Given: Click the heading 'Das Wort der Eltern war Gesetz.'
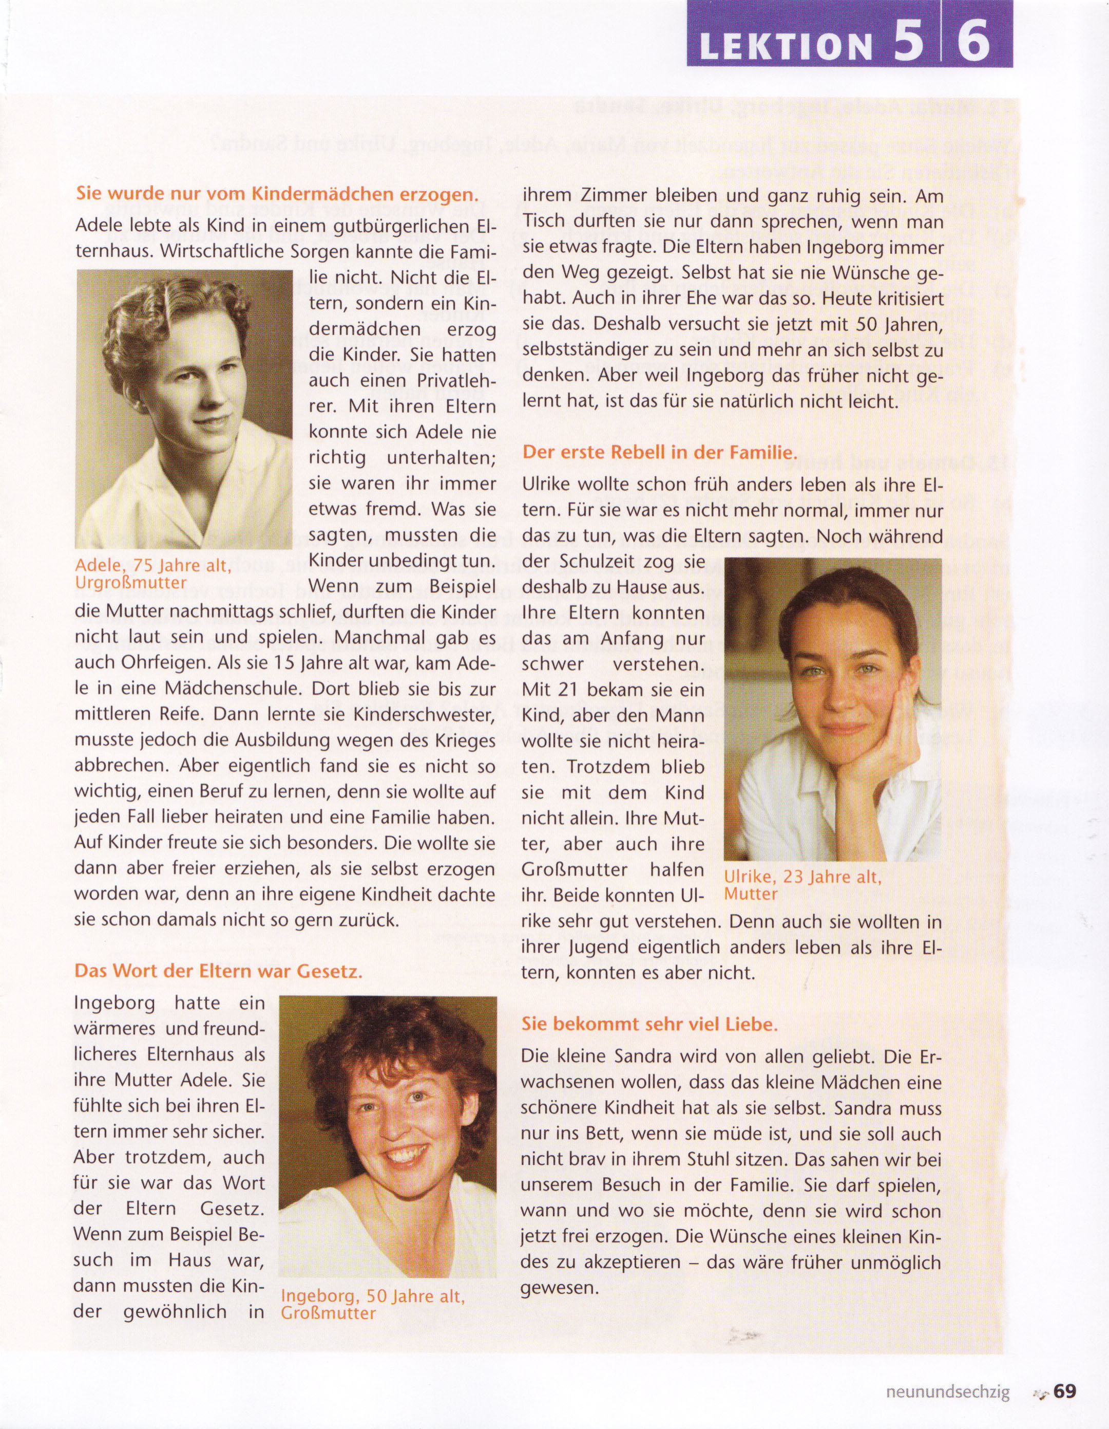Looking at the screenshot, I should [218, 971].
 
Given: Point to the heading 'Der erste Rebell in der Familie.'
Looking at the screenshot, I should [660, 452].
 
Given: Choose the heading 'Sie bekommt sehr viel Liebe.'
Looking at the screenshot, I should [649, 1024].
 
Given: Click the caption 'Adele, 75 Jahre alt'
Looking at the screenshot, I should [153, 566].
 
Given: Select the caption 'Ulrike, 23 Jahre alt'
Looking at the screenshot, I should [803, 877].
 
